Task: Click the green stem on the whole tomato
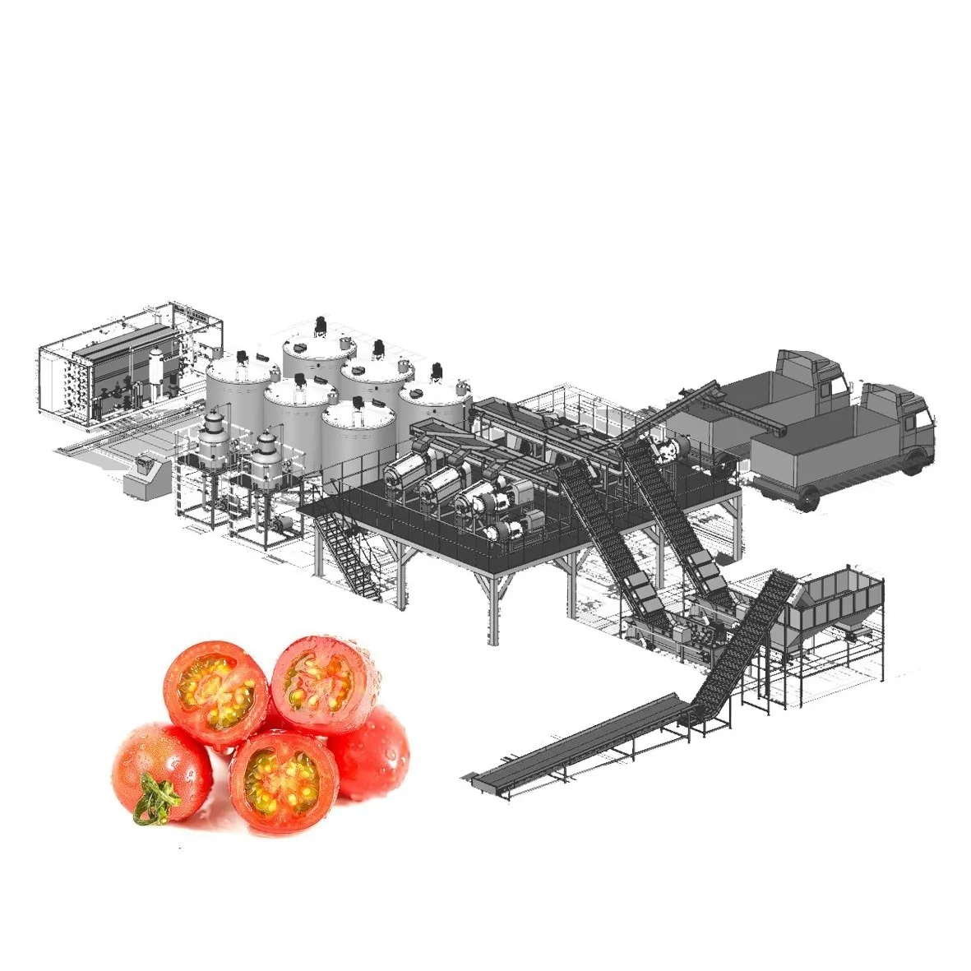(x=156, y=798)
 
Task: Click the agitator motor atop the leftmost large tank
(x=243, y=358)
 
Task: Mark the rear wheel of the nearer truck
(x=805, y=497)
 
